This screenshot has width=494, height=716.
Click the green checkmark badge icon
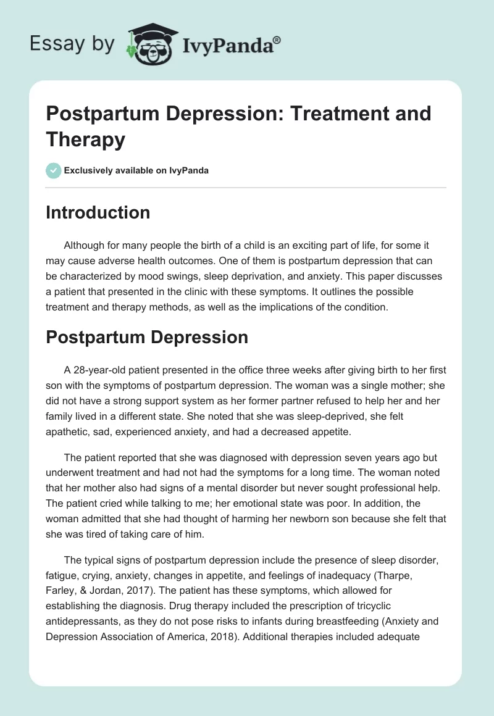[54, 170]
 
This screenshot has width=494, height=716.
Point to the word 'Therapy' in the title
[86, 139]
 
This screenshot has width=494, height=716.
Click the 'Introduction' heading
[98, 212]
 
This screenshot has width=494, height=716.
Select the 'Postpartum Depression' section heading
[147, 337]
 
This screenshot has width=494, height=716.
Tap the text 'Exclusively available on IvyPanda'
[137, 171]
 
